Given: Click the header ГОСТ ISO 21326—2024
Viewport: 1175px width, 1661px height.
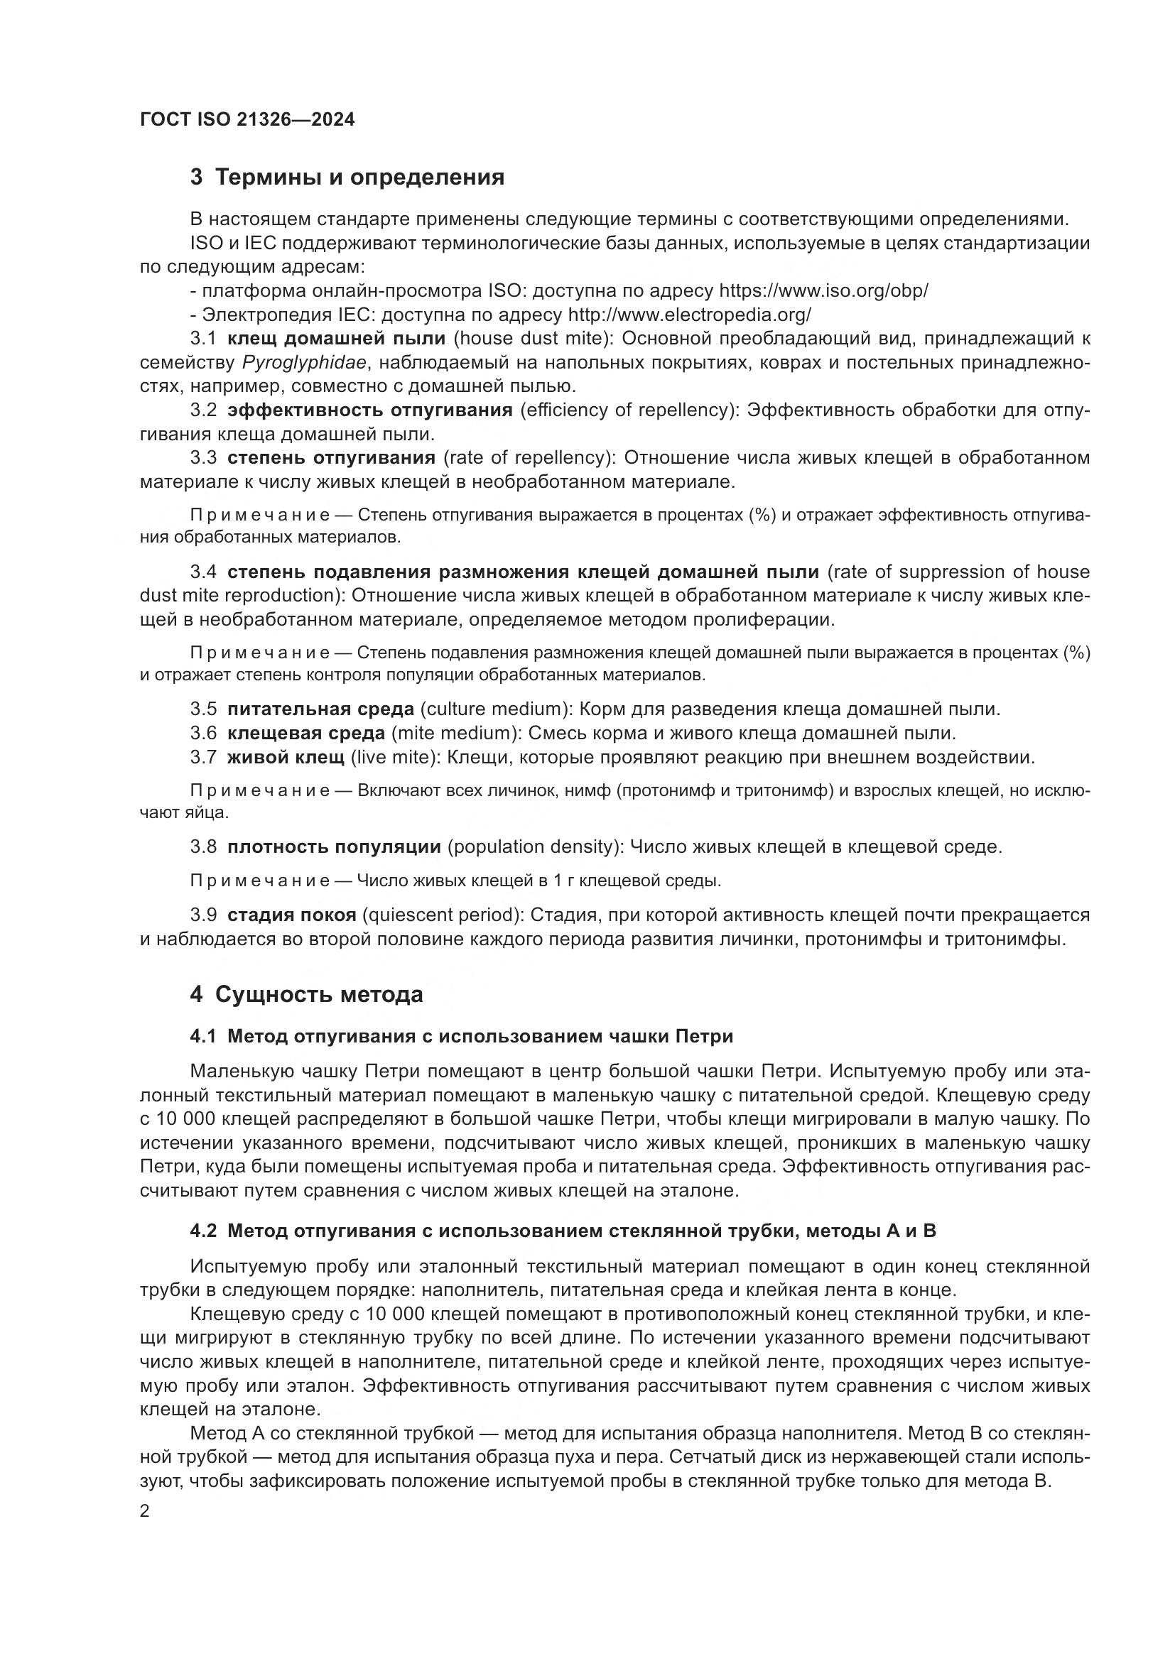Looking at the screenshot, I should coord(247,120).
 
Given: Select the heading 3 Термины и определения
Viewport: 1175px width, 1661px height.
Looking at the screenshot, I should coord(347,178).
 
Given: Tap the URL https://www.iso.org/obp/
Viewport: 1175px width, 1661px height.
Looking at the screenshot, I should coord(823,291).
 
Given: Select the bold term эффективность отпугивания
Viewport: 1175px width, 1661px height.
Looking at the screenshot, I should coord(369,410).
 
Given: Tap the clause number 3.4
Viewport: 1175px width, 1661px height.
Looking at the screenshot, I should coord(203,572).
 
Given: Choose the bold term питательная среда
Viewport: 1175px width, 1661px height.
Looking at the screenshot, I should coord(320,709).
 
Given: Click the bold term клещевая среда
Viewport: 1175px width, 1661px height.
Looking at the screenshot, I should coord(306,734).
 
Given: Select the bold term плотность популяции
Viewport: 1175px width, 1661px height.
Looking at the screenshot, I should coord(334,847).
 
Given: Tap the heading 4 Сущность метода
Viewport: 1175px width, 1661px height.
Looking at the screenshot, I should coord(307,995).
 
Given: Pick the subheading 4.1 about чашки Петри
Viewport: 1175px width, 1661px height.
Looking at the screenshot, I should coord(462,1037).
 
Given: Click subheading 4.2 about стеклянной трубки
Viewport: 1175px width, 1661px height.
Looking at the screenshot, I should coord(563,1231).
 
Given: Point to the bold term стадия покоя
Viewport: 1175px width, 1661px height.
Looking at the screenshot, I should coord(291,915).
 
